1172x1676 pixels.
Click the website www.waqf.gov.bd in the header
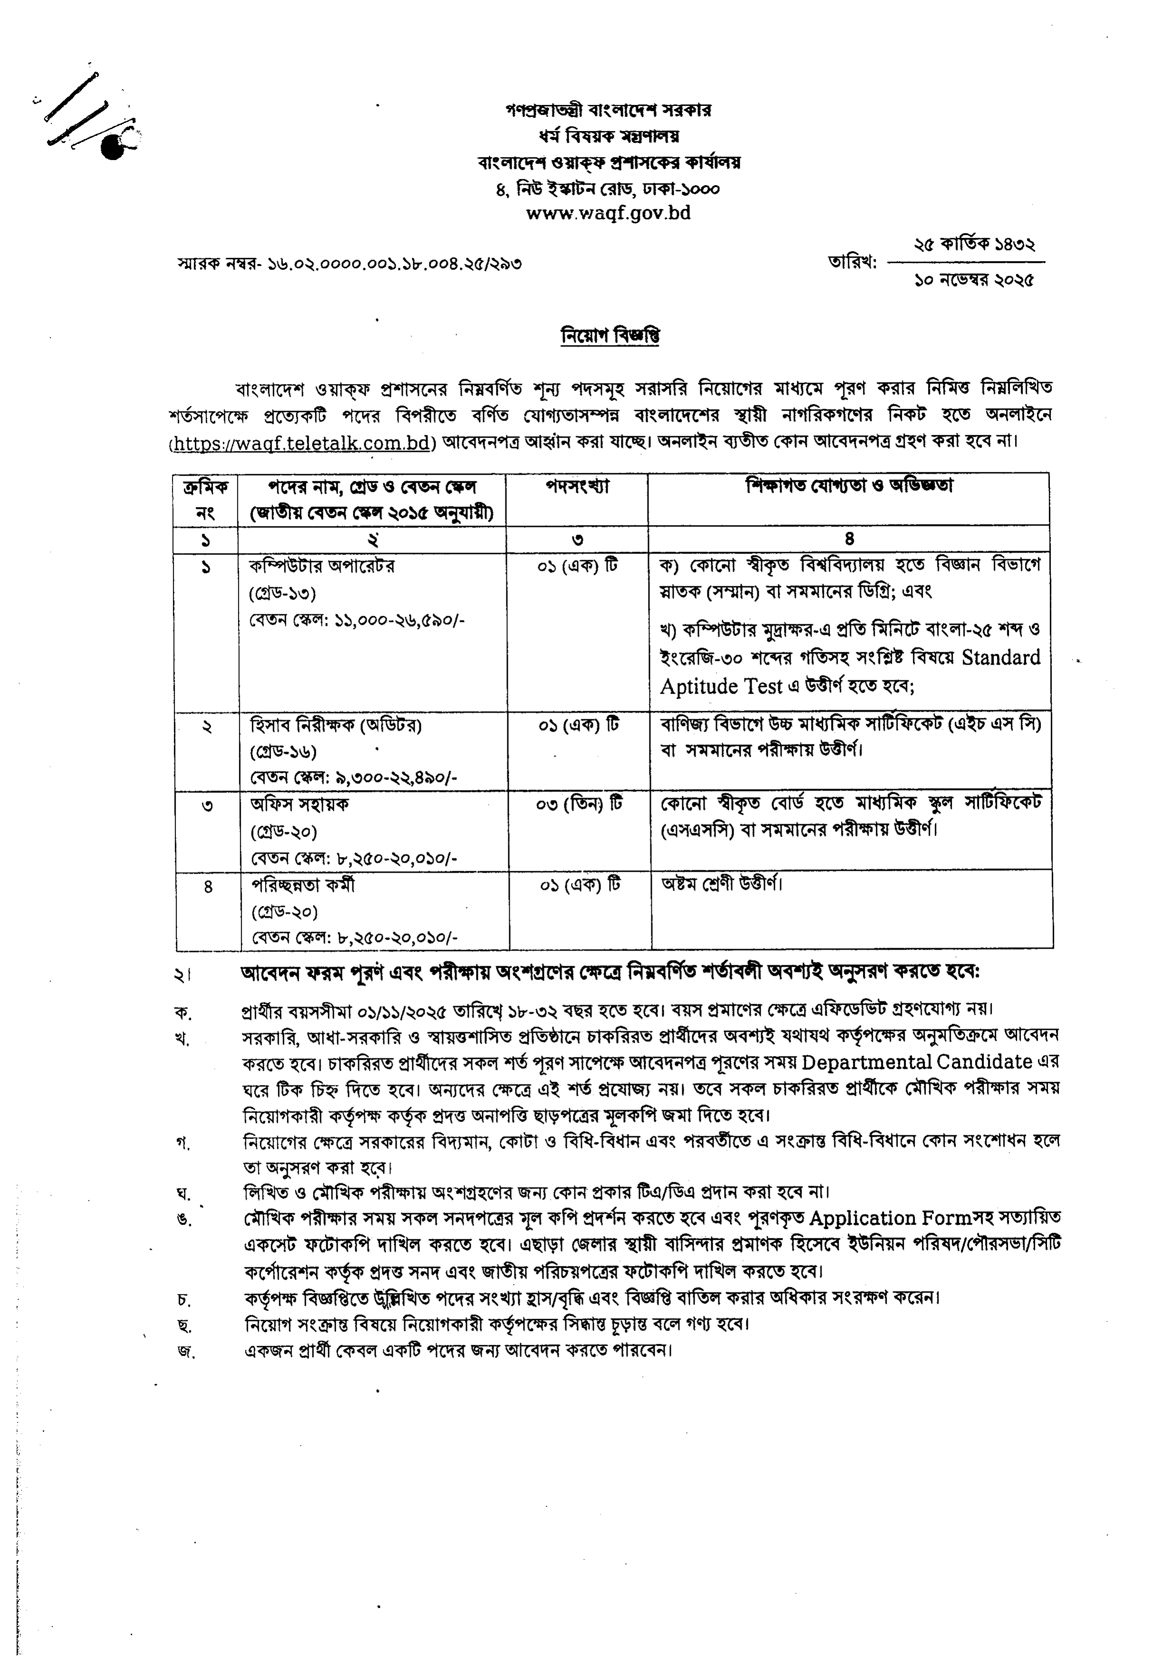[608, 213]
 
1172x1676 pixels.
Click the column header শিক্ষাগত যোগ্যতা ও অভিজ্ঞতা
[849, 486]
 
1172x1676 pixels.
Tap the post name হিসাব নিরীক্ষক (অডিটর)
[336, 725]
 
